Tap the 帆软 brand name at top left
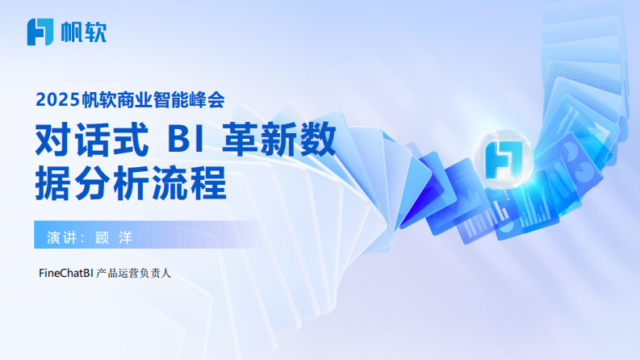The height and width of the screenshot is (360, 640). tap(83, 31)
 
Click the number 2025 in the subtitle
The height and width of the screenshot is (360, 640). tap(55, 100)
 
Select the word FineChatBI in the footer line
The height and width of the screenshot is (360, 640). tap(65, 273)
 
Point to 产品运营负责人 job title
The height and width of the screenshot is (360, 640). tap(134, 273)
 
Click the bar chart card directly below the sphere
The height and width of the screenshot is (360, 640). tap(533, 211)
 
